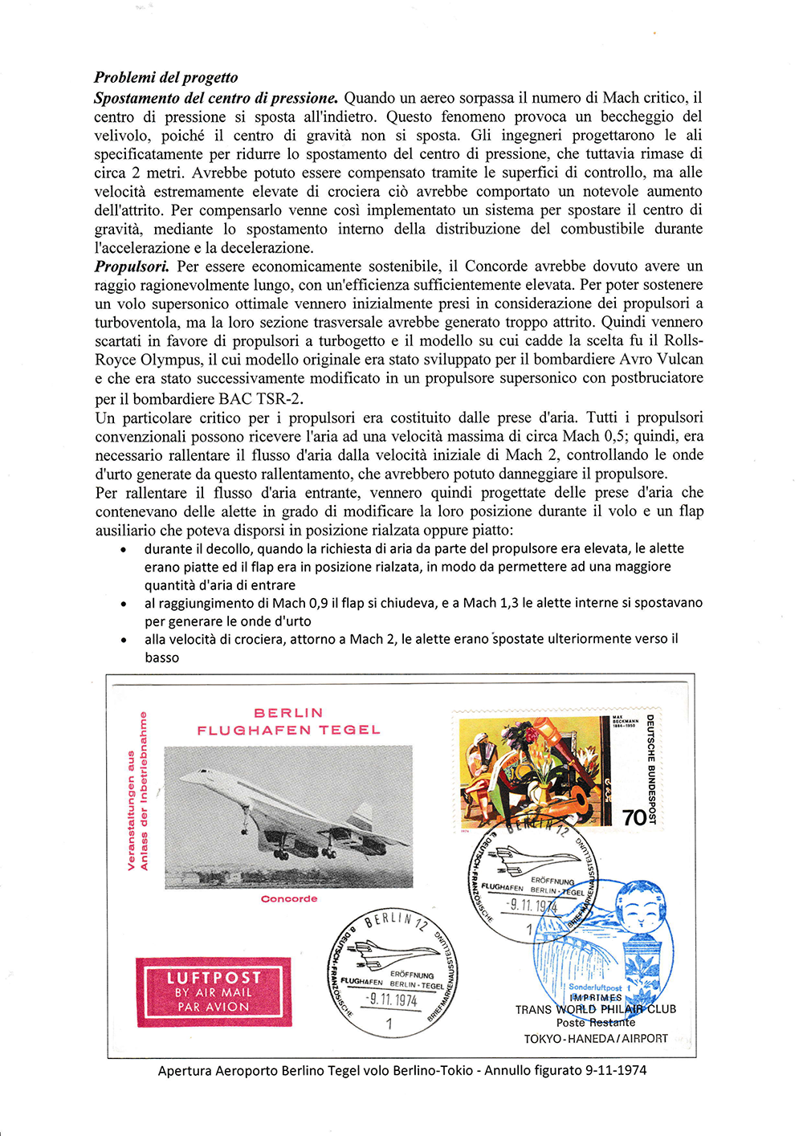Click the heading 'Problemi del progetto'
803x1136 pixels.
click(165, 78)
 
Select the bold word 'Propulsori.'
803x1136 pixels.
click(132, 267)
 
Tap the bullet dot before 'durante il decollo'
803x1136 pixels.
click(123, 550)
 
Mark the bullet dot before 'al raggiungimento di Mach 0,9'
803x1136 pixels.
click(123, 604)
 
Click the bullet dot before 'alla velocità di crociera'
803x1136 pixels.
click(123, 641)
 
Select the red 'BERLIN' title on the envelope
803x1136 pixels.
click(288, 713)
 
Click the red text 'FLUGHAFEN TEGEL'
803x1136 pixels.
click(288, 731)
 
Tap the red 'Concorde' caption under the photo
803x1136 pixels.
click(289, 899)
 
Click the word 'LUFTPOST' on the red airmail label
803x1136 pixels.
click(214, 978)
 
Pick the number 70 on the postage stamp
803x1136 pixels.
click(634, 817)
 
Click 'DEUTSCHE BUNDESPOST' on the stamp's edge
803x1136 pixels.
click(651, 769)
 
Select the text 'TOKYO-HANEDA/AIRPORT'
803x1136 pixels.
click(596, 1039)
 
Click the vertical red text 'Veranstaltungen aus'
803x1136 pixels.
click(131, 811)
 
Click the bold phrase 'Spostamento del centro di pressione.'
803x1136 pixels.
click(216, 98)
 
